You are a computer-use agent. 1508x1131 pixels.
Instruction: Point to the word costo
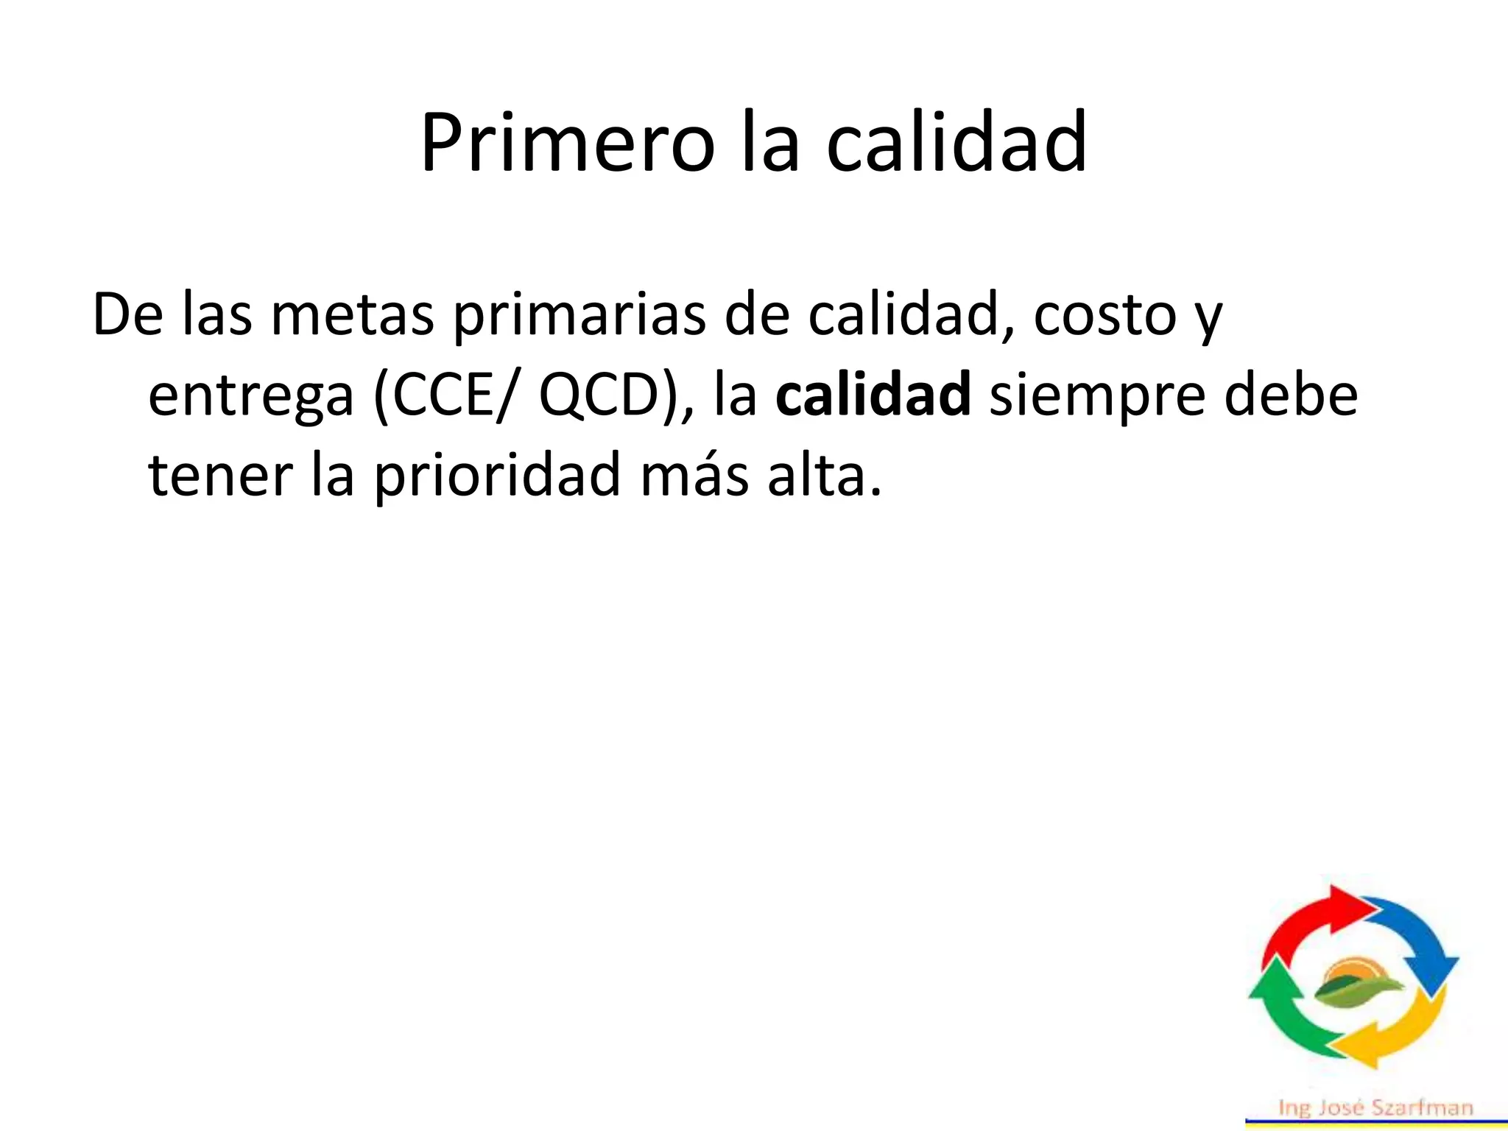pyautogui.click(x=1105, y=315)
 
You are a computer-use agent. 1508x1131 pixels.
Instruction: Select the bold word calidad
pyautogui.click(x=873, y=395)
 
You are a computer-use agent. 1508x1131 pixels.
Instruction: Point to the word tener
pyautogui.click(x=221, y=475)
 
